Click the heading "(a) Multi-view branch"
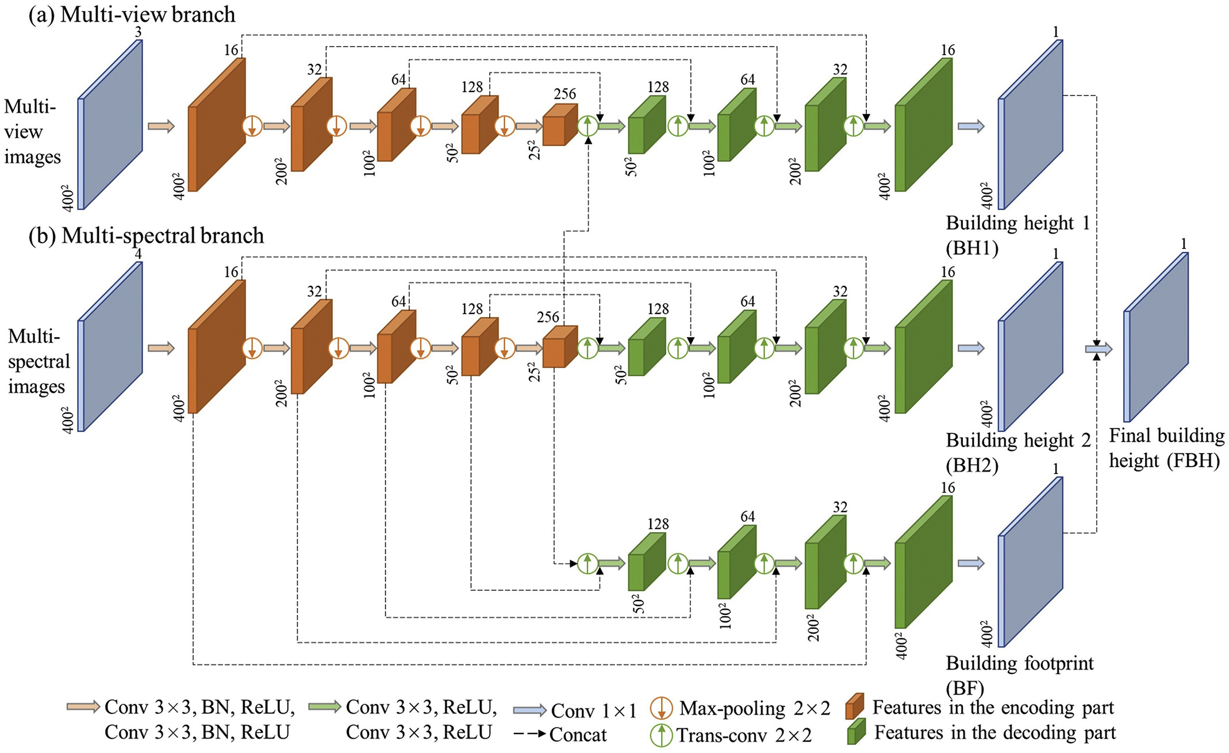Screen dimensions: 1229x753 (132, 14)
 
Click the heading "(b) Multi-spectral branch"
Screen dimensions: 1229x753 (147, 236)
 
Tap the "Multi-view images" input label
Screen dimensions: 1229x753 (32, 132)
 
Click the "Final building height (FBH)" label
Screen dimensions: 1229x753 (1166, 448)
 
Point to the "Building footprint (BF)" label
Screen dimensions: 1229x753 (1020, 675)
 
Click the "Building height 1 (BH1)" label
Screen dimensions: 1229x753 (1018, 235)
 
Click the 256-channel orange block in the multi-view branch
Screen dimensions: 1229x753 (560, 125)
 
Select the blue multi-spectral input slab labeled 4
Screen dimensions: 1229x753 (110, 346)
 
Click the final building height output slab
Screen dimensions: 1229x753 (1156, 337)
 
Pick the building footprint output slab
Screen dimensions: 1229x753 (1030, 562)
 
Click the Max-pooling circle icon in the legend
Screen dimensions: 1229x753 (661, 709)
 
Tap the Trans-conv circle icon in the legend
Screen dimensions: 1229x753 (661, 735)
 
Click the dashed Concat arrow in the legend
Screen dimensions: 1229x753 (529, 735)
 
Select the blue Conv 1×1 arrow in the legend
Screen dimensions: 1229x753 (529, 710)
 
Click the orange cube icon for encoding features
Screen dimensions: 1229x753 (855, 707)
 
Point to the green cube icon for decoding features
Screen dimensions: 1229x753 (857, 732)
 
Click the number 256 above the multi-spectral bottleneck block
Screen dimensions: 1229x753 (548, 317)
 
